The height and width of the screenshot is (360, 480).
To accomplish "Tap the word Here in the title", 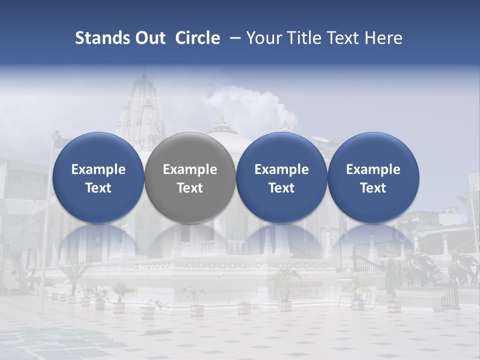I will coord(383,38).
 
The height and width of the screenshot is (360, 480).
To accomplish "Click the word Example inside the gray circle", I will coord(190,169).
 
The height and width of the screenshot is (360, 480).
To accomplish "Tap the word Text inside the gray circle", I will coord(190,188).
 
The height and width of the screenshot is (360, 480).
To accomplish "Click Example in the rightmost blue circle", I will coord(373,169).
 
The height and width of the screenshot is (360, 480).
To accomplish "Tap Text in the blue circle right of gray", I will coord(281,188).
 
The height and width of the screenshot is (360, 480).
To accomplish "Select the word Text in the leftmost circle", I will coord(98,188).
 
